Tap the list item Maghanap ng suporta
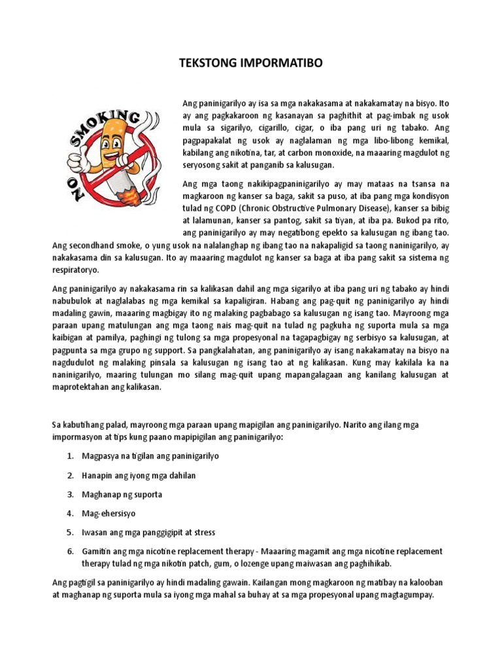[x=122, y=494]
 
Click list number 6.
[x=70, y=552]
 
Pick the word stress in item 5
[x=203, y=533]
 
